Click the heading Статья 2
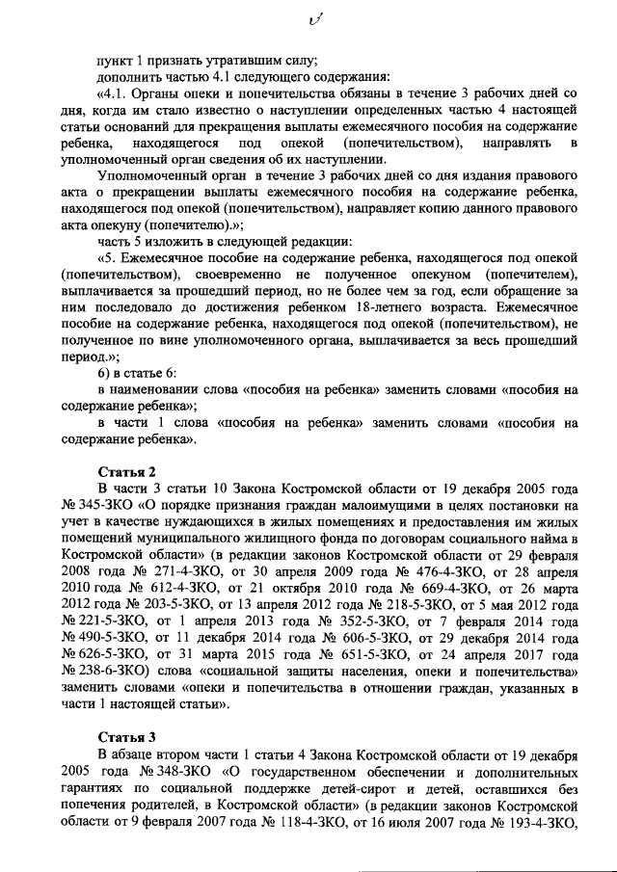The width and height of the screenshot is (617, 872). pos(128,470)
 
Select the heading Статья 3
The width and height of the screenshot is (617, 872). pos(128,739)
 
